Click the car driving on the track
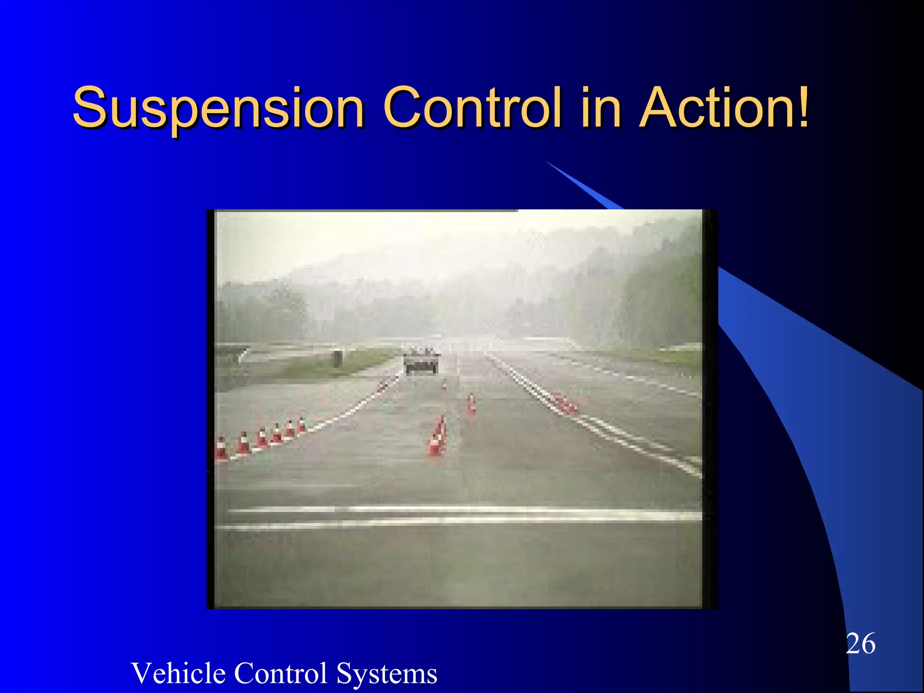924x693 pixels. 421,361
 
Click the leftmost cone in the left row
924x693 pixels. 221,449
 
